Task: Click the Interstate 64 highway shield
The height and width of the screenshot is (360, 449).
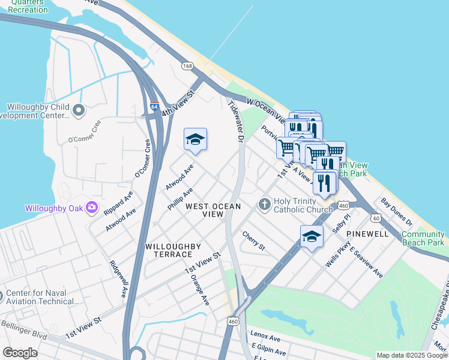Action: click(154, 106)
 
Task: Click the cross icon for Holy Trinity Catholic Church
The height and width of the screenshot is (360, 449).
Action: click(264, 205)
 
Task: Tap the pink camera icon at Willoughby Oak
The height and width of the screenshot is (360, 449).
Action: click(92, 208)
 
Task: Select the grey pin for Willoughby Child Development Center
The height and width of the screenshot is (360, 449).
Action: click(79, 110)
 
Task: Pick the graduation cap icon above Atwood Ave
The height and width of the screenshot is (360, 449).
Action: click(195, 140)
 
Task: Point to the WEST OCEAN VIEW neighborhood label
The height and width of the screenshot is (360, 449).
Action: click(213, 210)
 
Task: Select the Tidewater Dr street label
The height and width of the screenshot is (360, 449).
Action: click(235, 122)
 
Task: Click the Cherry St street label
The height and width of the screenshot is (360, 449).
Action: click(254, 241)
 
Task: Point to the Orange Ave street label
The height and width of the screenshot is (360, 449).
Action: click(199, 289)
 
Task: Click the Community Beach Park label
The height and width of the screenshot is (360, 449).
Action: click(423, 238)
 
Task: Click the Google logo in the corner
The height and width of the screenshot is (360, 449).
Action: click(20, 353)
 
